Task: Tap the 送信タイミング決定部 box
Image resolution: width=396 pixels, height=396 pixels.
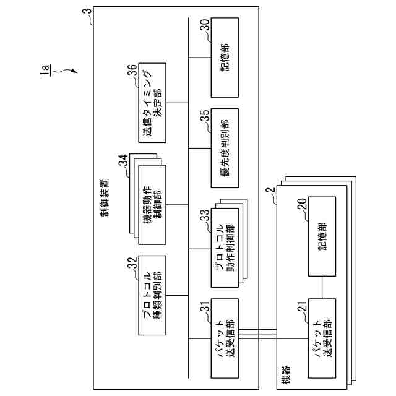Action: [153, 102]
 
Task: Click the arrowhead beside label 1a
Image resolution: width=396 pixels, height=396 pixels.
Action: [75, 73]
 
